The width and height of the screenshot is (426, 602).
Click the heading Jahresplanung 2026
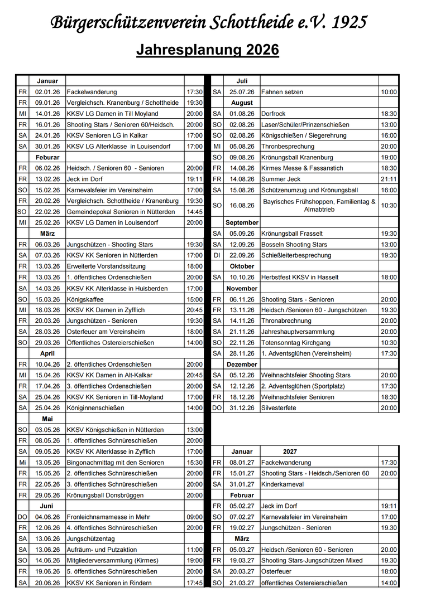[208, 50]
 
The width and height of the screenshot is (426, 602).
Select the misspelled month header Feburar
[47, 157]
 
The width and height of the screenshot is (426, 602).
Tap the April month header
[47, 353]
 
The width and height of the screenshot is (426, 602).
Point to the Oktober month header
[242, 266]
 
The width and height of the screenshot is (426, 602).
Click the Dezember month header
[242, 365]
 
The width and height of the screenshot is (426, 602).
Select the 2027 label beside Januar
[290, 452]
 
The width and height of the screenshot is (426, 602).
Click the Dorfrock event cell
[273, 114]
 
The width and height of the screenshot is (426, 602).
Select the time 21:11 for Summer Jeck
[389, 179]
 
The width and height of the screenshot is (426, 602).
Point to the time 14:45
[195, 212]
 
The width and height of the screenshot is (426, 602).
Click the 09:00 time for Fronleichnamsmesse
[195, 517]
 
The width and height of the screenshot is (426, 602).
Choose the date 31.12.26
[242, 408]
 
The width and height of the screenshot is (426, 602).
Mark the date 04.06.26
[47, 517]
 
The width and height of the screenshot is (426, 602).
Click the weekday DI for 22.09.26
[217, 255]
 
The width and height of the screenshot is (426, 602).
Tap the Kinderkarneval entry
[283, 484]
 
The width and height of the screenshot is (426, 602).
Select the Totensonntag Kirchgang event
[295, 343]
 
